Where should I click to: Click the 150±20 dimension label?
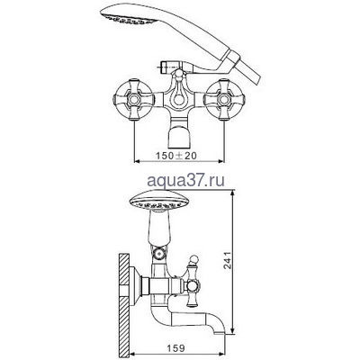click(176, 156)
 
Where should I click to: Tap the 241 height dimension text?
click(228, 260)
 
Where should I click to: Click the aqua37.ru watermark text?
click(186, 181)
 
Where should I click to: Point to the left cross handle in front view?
click(134, 99)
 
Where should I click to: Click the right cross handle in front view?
click(224, 99)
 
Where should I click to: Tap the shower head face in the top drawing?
click(129, 19)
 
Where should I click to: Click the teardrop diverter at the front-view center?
click(179, 94)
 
